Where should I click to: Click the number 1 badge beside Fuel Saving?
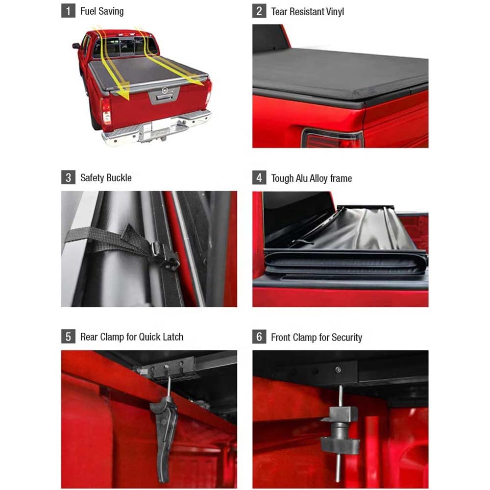click(68, 11)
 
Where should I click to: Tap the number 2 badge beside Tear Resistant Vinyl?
click(259, 11)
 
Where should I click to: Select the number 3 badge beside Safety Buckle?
click(68, 177)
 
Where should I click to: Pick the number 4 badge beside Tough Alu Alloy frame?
click(259, 177)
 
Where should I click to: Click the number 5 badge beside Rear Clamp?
click(68, 337)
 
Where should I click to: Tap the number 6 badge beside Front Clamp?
click(259, 337)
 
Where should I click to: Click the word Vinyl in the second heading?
click(332, 11)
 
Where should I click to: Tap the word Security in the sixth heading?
click(347, 338)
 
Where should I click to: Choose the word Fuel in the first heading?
click(89, 11)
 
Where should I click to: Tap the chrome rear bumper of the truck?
click(157, 129)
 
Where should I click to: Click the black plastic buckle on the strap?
click(165, 255)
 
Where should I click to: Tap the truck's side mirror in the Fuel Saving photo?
click(75, 46)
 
